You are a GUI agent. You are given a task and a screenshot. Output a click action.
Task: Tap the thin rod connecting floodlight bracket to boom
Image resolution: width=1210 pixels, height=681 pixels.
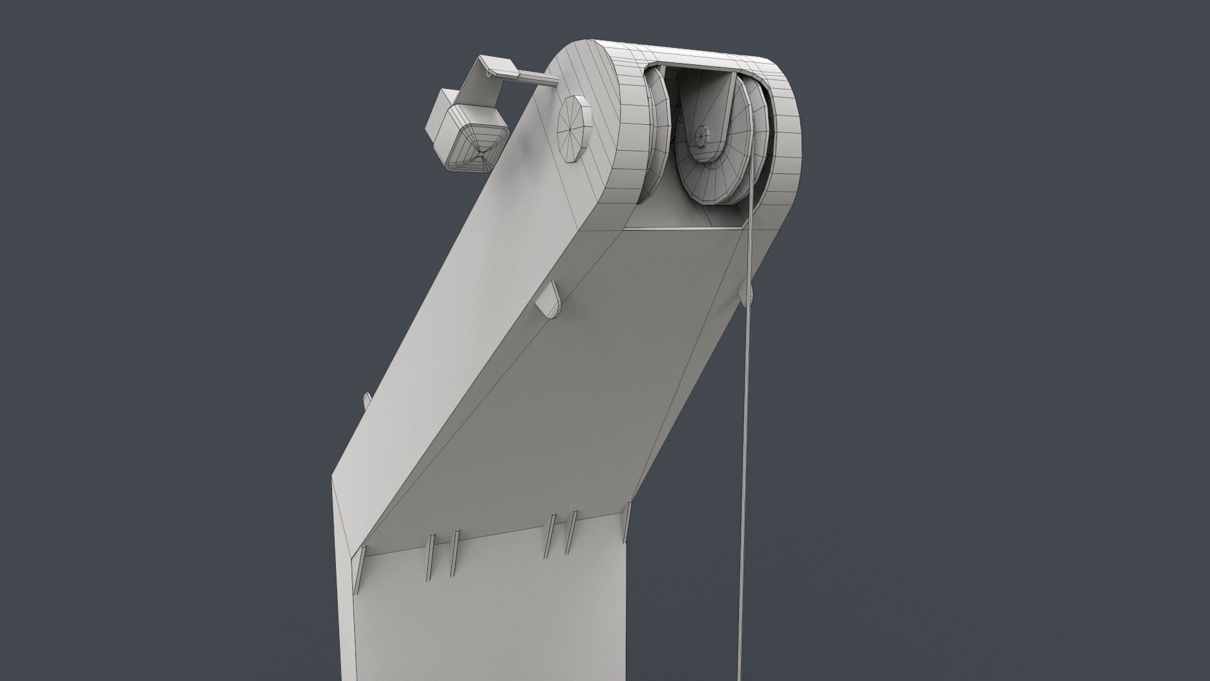(536, 78)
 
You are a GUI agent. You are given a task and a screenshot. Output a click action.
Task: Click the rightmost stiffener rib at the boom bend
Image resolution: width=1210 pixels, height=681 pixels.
(628, 522)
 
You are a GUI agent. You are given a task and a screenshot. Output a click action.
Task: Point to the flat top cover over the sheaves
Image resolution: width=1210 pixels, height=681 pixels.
(693, 56)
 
